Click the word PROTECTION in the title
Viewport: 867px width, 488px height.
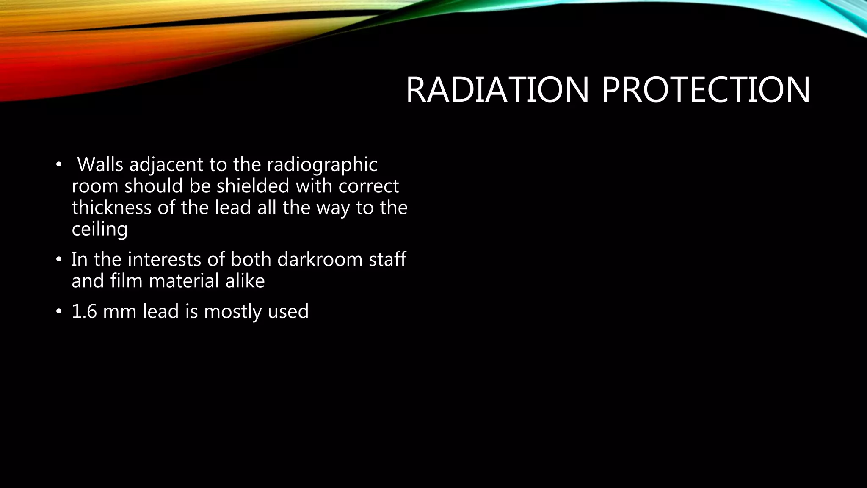(x=706, y=90)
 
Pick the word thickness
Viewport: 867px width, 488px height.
(x=111, y=208)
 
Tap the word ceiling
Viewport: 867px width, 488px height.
(x=99, y=230)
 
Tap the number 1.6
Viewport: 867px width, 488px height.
(x=83, y=311)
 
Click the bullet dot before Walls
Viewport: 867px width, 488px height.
(x=58, y=165)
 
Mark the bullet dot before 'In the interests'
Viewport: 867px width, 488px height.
(x=58, y=260)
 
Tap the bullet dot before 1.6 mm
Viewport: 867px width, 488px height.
(x=58, y=312)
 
